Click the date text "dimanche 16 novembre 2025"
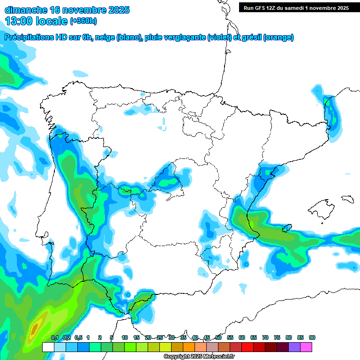[x=67, y=10]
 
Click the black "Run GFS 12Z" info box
[x=296, y=7]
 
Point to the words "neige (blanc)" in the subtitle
[x=117, y=37]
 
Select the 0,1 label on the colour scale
[x=54, y=337]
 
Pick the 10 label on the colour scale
[x=125, y=337]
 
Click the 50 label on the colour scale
[x=218, y=337]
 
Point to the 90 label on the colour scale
[x=312, y=337]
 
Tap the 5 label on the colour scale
[x=112, y=337]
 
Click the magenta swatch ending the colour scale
[x=306, y=347]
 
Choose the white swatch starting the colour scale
[x=48, y=347]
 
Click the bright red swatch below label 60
[x=247, y=347]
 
